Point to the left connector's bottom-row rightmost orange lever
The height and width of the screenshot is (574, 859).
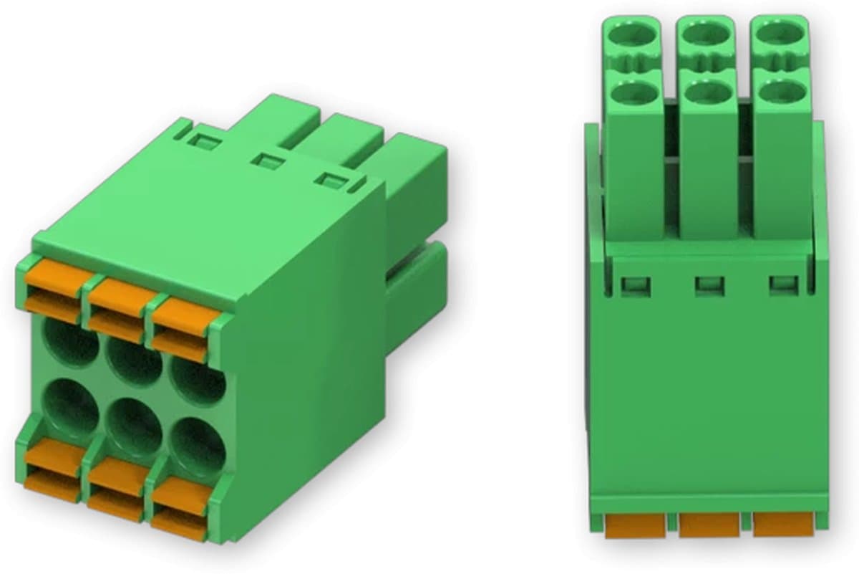(x=179, y=494)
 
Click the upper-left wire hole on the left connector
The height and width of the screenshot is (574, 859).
(x=72, y=343)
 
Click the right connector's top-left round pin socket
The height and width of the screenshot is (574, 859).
(x=633, y=34)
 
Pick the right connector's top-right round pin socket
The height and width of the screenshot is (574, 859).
(x=781, y=34)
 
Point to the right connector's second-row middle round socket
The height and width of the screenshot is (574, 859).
(x=707, y=91)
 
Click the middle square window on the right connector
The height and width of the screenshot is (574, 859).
(x=709, y=287)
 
